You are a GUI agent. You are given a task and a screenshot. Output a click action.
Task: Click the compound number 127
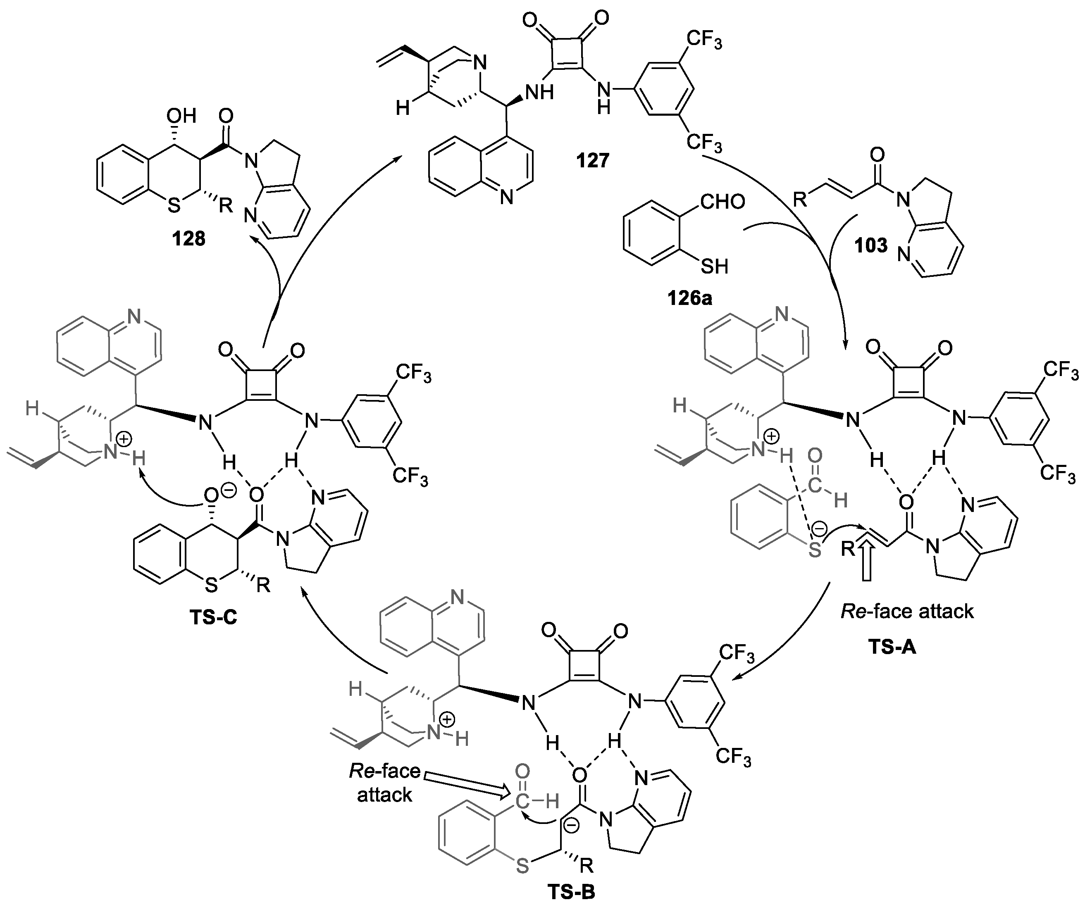pyautogui.click(x=593, y=161)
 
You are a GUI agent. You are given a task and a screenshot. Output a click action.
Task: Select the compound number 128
pyautogui.click(x=189, y=239)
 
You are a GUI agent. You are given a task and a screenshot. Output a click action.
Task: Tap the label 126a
pyautogui.click(x=689, y=298)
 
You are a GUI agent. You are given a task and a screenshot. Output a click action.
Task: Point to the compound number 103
pyautogui.click(x=871, y=245)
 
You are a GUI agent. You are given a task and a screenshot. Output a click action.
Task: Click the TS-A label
pyautogui.click(x=892, y=646)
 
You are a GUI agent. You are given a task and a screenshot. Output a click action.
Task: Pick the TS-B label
pyautogui.click(x=571, y=892)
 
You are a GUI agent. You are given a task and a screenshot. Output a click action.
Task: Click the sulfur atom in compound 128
pyautogui.click(x=174, y=207)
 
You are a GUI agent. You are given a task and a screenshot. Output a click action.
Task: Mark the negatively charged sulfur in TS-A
pyautogui.click(x=815, y=550)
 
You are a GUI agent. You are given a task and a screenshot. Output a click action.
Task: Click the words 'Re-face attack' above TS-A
pyautogui.click(x=907, y=612)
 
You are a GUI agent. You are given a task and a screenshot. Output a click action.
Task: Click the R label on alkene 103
pyautogui.click(x=800, y=198)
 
